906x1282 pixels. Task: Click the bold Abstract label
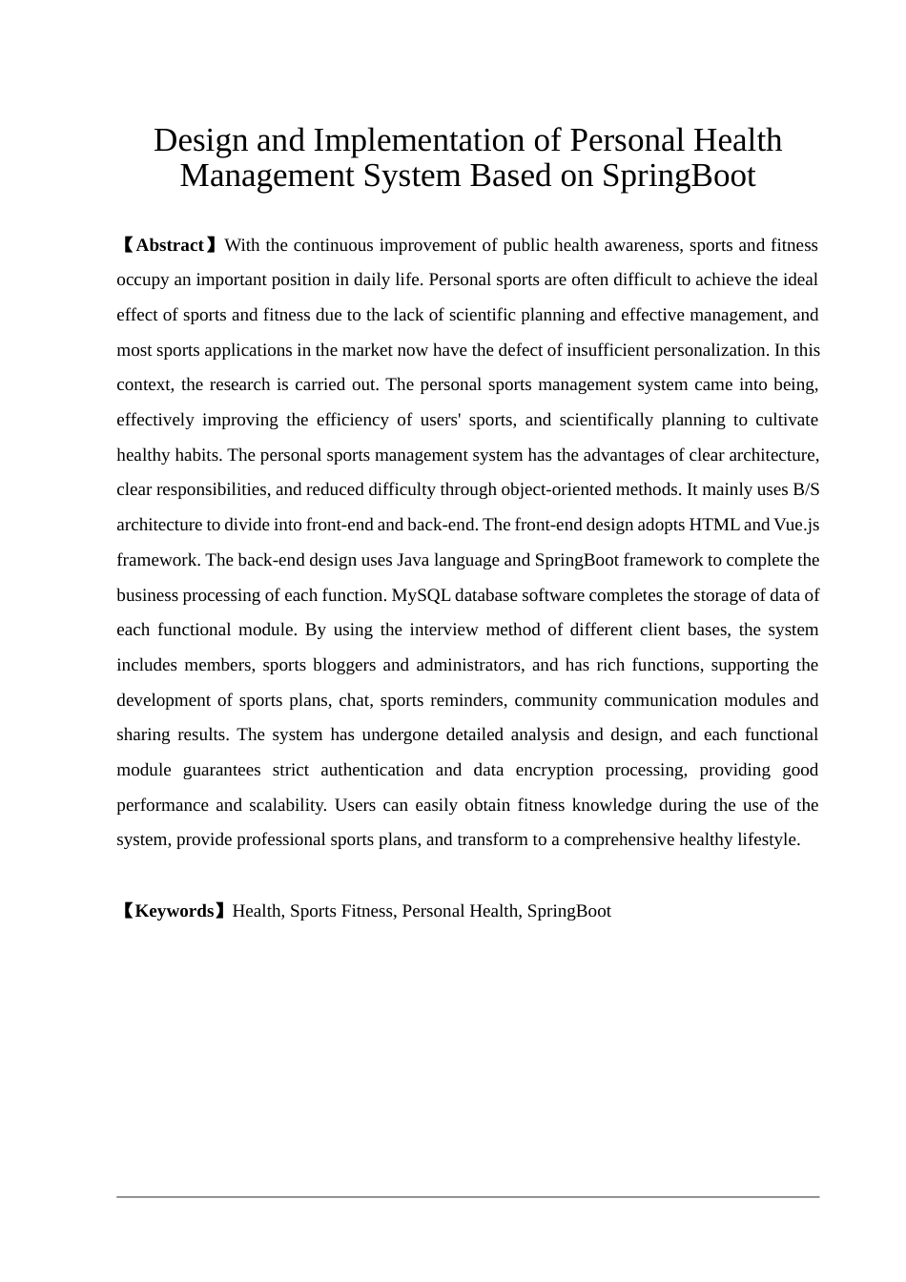(x=170, y=245)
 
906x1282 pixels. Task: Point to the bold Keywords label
(x=175, y=911)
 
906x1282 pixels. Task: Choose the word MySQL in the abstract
(x=421, y=595)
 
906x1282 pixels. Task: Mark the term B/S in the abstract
(x=806, y=489)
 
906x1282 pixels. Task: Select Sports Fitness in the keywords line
(x=341, y=911)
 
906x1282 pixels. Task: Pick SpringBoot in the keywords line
(x=568, y=911)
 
